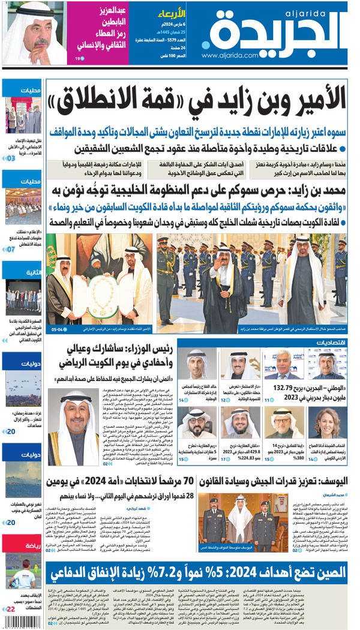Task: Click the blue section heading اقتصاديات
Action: pos(329,342)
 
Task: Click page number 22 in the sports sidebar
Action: pos(11,610)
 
